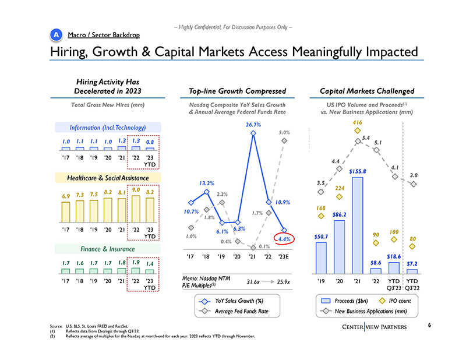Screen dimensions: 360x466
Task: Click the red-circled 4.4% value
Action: click(285, 239)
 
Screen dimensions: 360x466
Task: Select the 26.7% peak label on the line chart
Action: click(253, 124)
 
